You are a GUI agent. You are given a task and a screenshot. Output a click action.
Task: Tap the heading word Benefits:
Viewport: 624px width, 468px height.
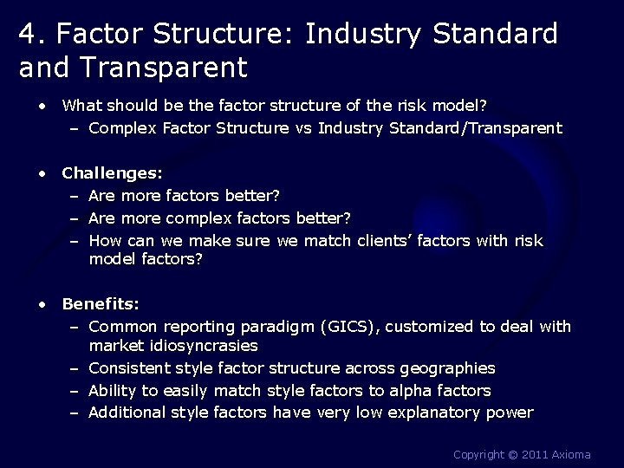(101, 304)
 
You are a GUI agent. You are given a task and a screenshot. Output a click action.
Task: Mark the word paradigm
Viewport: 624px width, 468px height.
(276, 327)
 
